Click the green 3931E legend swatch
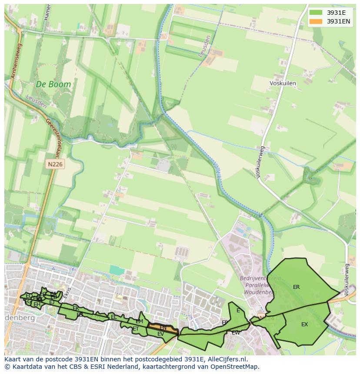click(x=317, y=13)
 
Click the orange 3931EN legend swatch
click(x=317, y=21)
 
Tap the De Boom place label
click(x=53, y=85)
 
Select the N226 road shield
click(x=55, y=164)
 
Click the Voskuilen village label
click(x=283, y=83)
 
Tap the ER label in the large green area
click(x=296, y=287)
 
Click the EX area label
click(x=304, y=324)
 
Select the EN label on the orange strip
click(x=163, y=328)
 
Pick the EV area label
click(x=160, y=334)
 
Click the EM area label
click(x=139, y=321)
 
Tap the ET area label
click(x=135, y=329)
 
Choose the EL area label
click(x=114, y=317)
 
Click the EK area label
click(x=76, y=308)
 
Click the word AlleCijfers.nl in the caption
click(x=227, y=359)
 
